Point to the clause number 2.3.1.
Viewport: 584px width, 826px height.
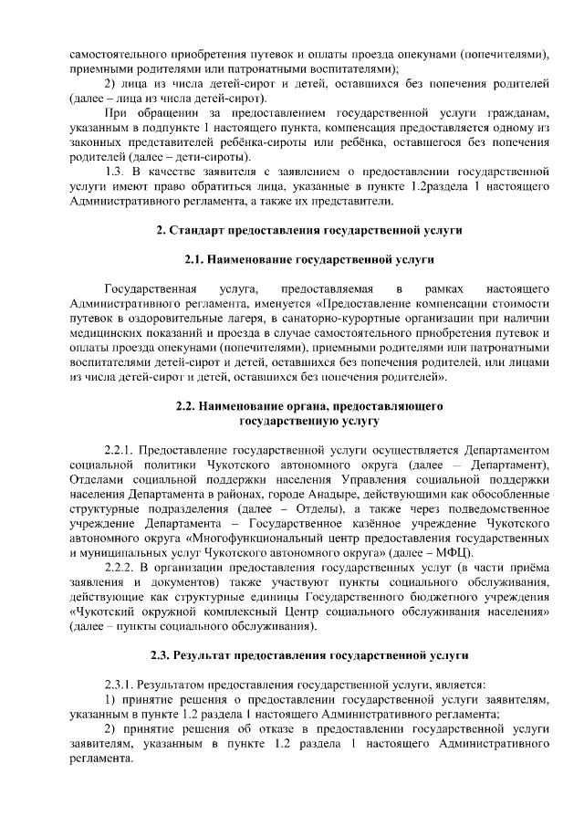pyautogui.click(x=120, y=685)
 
